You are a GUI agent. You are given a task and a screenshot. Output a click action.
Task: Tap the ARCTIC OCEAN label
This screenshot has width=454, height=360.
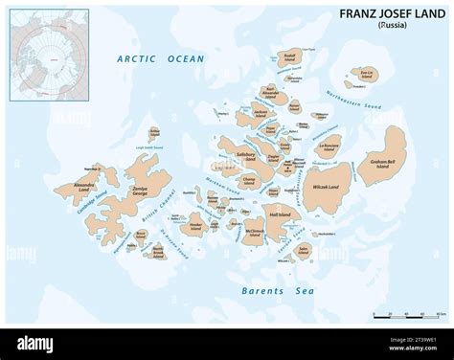161,59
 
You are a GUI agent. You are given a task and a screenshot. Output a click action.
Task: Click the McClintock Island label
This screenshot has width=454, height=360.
255,233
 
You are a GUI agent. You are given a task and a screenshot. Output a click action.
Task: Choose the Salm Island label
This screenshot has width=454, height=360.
304,253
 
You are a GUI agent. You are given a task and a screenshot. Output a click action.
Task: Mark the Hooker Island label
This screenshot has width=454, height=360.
196,227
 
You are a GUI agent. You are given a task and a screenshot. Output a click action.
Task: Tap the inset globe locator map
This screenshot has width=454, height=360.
49,55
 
